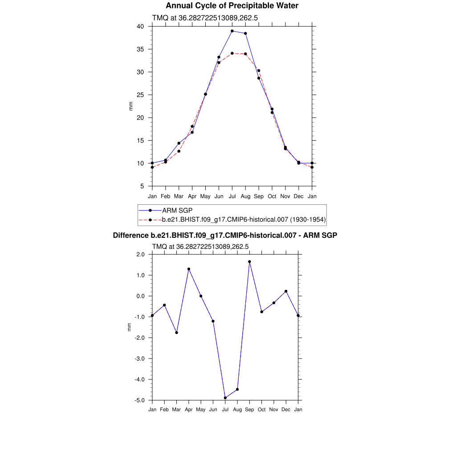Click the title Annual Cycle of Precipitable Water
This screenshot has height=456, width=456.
pyautogui.click(x=232, y=6)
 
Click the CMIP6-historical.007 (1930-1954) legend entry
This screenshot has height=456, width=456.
pyautogui.click(x=244, y=220)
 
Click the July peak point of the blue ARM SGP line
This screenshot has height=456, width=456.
pyautogui.click(x=232, y=31)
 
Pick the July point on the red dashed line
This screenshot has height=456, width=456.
pyautogui.click(x=232, y=53)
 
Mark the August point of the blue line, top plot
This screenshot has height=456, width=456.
pyautogui.click(x=245, y=33)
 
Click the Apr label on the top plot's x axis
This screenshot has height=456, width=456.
pyautogui.click(x=192, y=196)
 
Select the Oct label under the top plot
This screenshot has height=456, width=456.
pyautogui.click(x=272, y=196)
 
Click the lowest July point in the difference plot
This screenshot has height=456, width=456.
pyautogui.click(x=225, y=398)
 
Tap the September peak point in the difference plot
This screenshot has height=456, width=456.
pyautogui.click(x=249, y=262)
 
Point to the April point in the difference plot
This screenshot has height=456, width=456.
pyautogui.click(x=189, y=269)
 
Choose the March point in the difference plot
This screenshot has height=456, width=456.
pyautogui.click(x=177, y=333)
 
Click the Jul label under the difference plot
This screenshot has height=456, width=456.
pyautogui.click(x=225, y=410)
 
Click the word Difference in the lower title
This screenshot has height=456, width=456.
pyautogui.click(x=128, y=235)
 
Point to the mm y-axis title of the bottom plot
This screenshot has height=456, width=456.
pyautogui.click(x=130, y=327)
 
